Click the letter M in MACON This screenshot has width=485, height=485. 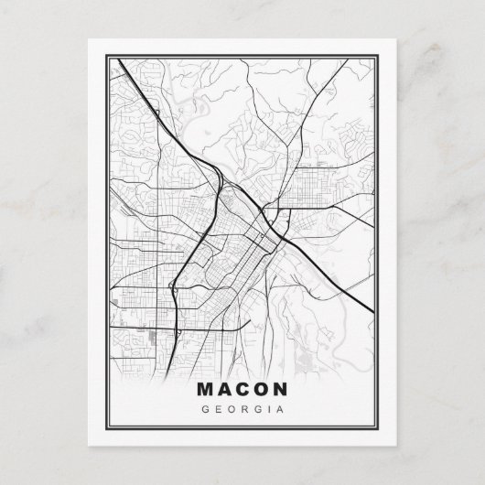(206, 390)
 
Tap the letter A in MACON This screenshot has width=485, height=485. (225, 390)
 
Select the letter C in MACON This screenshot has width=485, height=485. (243, 390)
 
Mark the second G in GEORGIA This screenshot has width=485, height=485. (255, 408)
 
